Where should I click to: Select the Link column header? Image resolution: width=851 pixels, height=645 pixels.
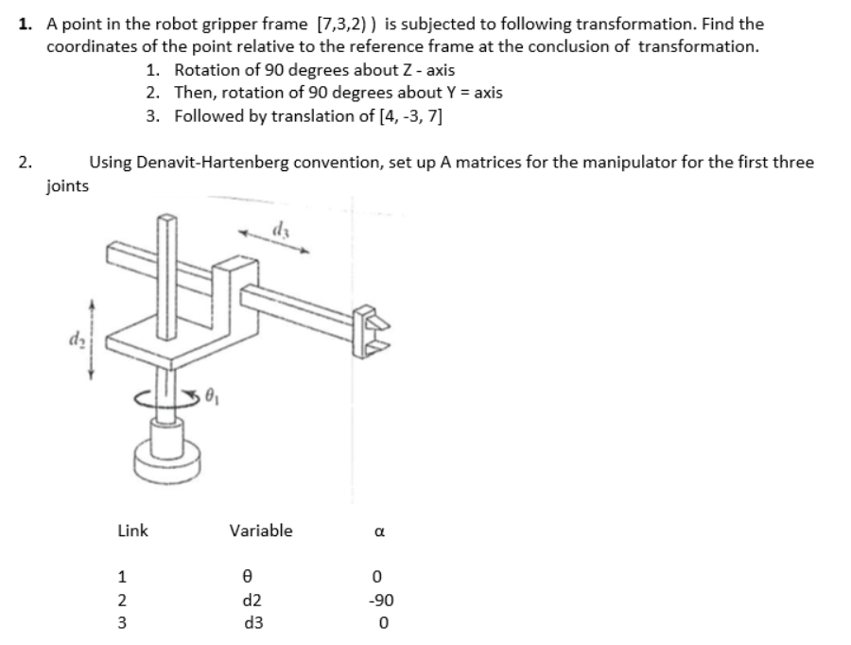click(x=132, y=531)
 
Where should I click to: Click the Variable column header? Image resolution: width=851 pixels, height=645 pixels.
click(x=261, y=531)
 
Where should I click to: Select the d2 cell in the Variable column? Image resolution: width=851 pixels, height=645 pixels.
click(x=252, y=600)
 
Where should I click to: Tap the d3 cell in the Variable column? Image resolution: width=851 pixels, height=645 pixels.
click(x=252, y=623)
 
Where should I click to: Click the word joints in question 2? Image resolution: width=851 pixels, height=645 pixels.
click(x=67, y=186)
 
